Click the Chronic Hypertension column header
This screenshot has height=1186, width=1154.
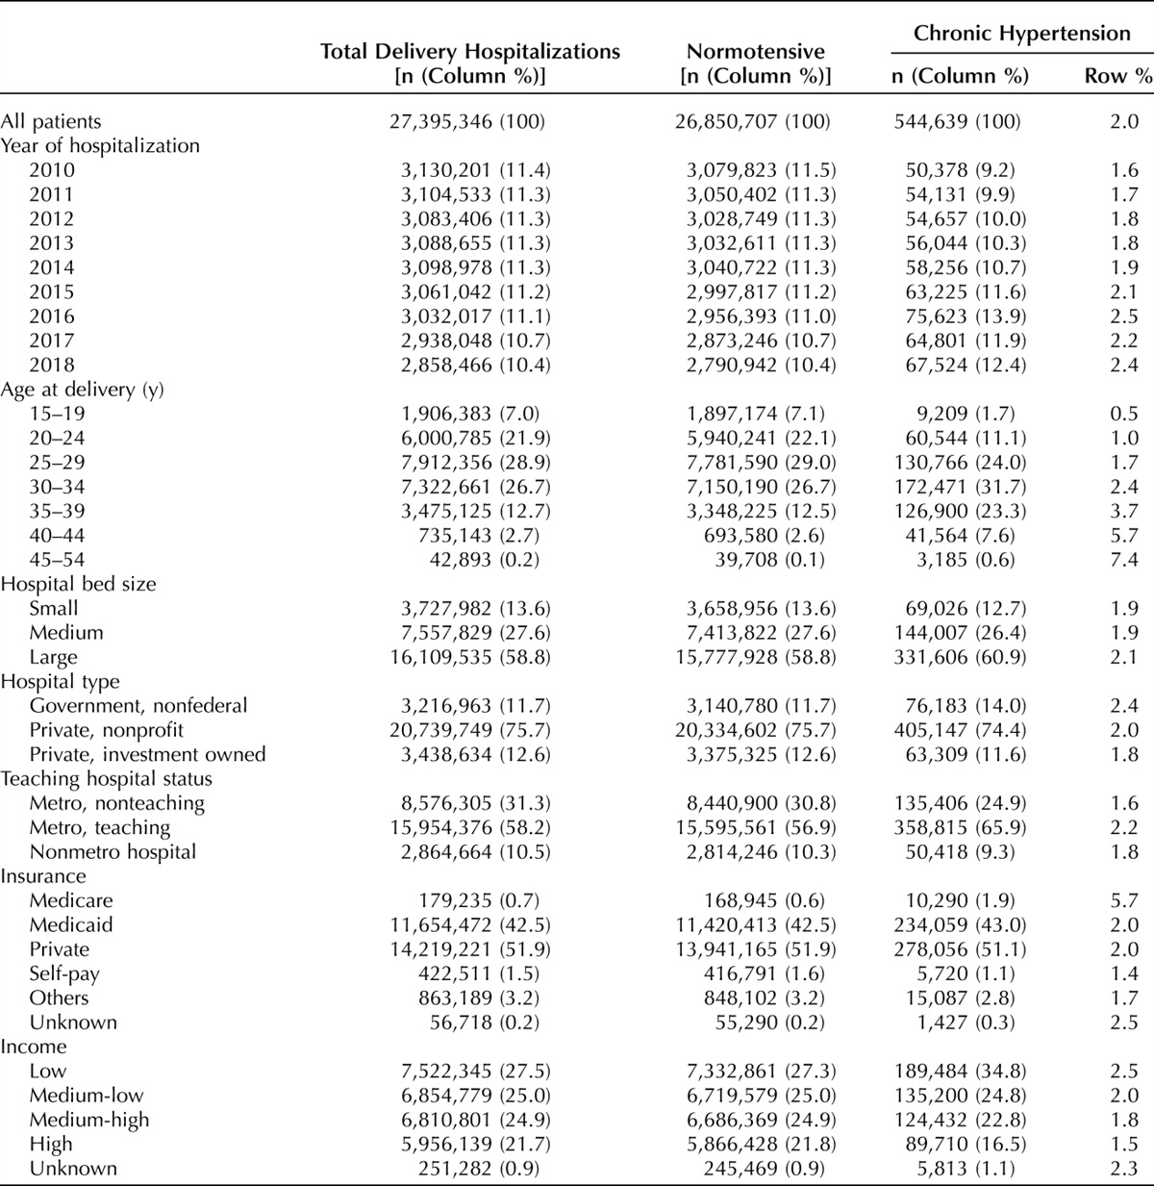(x=1021, y=34)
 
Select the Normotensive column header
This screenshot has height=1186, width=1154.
(x=755, y=52)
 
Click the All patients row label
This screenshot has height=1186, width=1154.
(x=51, y=122)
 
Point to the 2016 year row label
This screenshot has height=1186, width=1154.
(x=52, y=316)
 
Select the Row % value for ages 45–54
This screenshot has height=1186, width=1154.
(x=1124, y=560)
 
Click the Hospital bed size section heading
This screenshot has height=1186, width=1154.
(x=78, y=584)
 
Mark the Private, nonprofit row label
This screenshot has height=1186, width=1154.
(x=107, y=730)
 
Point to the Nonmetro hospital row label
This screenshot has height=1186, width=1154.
(x=113, y=852)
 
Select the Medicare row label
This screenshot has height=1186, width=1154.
(x=71, y=900)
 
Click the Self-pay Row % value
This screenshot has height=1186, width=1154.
(x=1124, y=973)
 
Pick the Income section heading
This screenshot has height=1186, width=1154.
(x=34, y=1047)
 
